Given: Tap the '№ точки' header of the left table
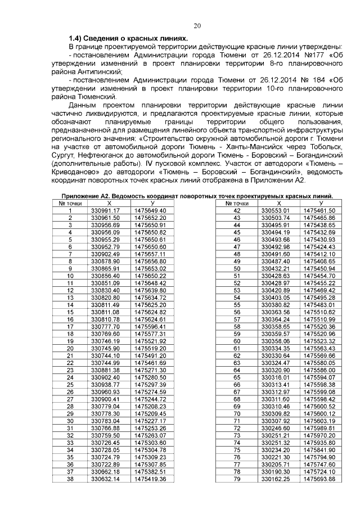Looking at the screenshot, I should [70, 203].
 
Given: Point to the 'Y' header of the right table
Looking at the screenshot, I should [320, 203].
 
